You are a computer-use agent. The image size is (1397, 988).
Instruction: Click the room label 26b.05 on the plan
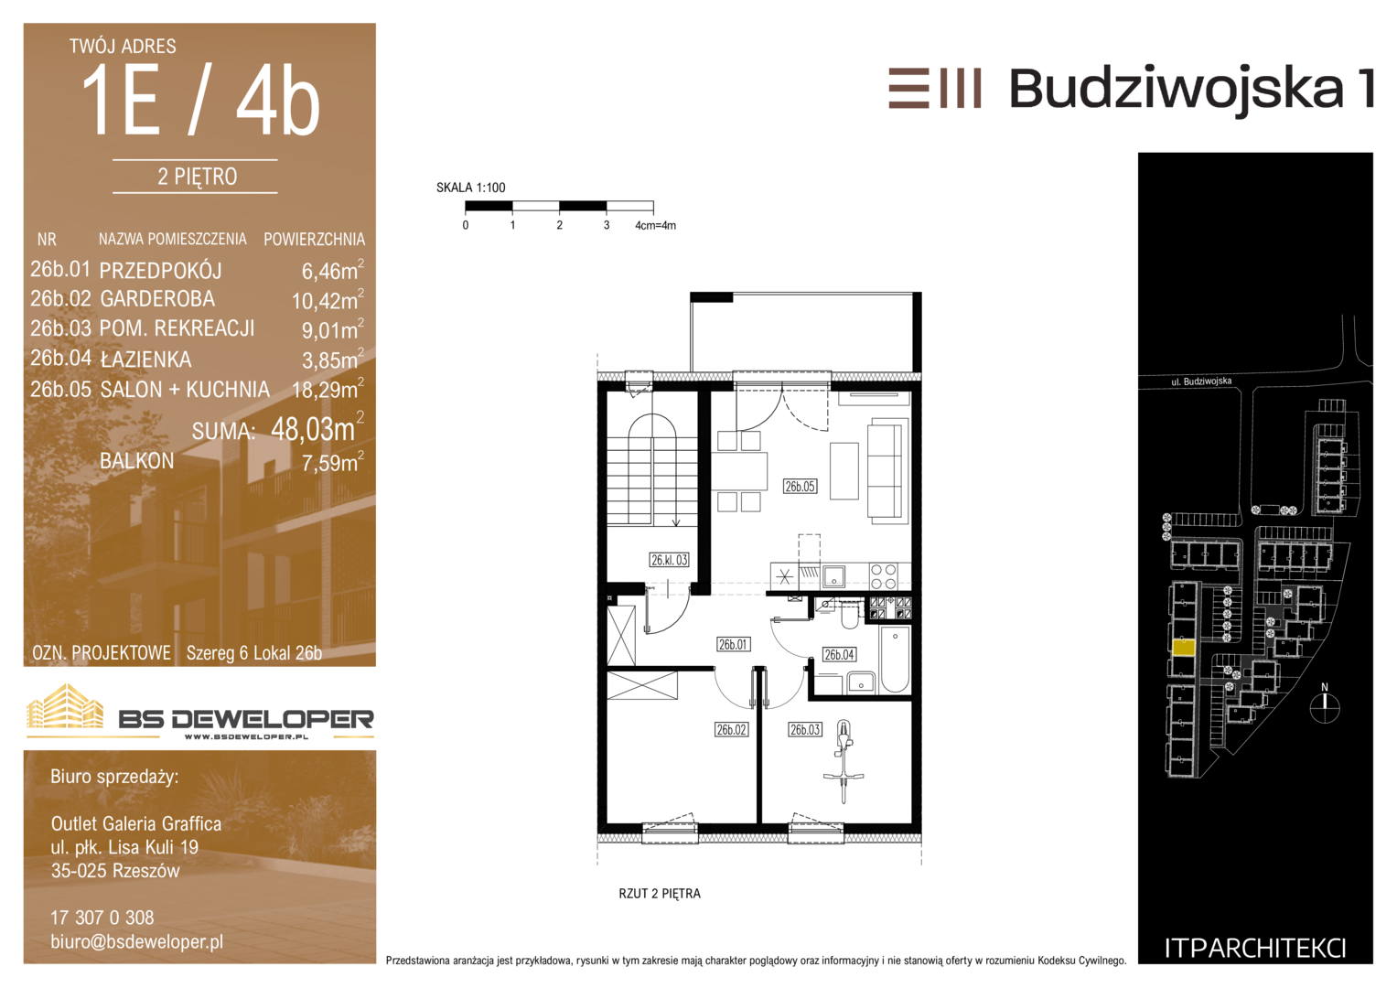coord(800,487)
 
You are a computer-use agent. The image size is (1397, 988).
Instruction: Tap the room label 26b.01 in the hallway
coord(733,644)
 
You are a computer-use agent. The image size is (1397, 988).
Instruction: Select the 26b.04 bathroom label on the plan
coord(839,654)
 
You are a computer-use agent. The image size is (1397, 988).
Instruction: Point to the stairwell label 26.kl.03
coord(669,560)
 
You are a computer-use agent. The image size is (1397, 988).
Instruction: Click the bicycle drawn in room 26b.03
coord(844,761)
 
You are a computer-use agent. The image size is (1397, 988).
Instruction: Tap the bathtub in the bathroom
coord(896,660)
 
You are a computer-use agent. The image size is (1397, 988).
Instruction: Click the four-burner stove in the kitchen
coord(883,576)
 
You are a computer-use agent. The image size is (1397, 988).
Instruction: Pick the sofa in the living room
coord(885,471)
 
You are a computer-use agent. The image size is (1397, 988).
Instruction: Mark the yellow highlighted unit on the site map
coord(1184,648)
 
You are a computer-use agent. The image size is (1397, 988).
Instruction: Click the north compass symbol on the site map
coord(1325,708)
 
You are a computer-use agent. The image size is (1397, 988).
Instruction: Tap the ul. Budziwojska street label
coord(1201,381)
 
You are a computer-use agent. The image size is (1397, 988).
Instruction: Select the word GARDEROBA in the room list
coord(157,299)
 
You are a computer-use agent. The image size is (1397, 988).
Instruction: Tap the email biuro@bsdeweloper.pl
coord(136,942)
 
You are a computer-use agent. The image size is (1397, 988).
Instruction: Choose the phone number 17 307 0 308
coord(102,918)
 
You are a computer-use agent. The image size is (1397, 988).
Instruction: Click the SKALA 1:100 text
coord(471,188)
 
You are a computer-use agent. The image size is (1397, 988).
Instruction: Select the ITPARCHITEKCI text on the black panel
coord(1255,949)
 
